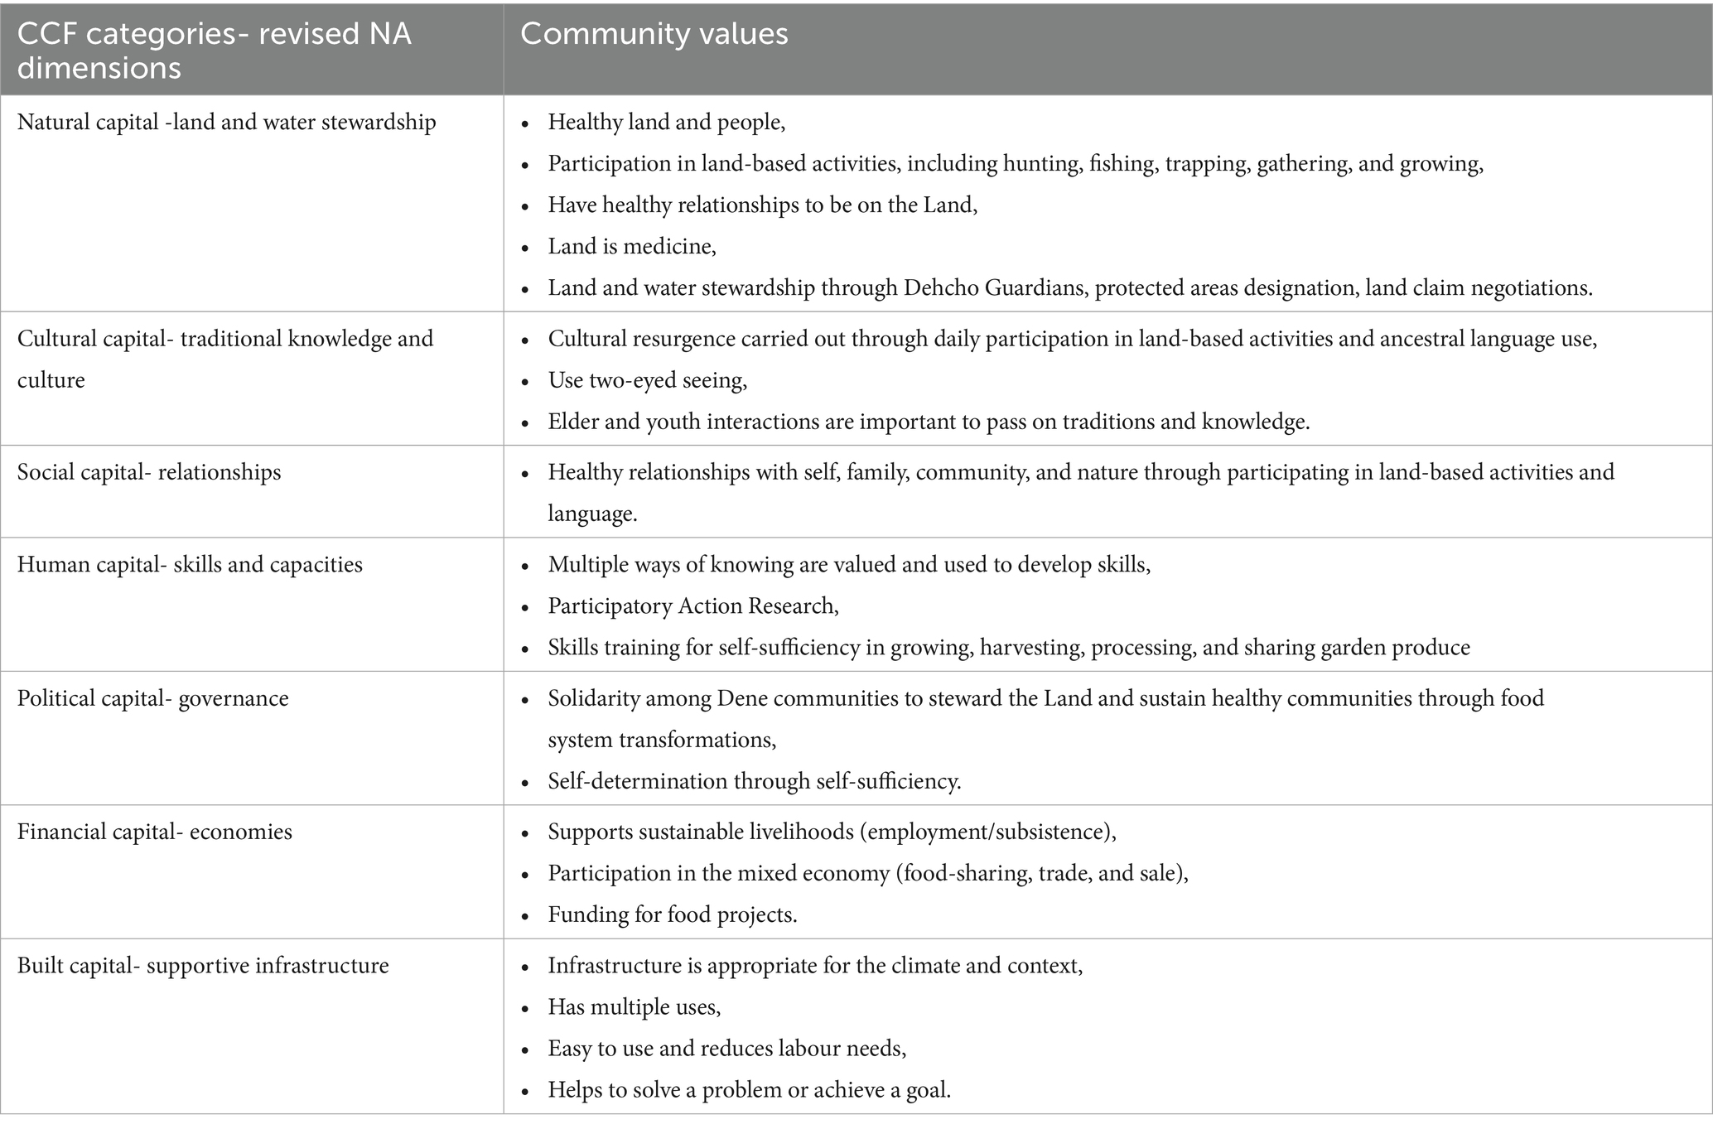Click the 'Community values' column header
[x=654, y=34]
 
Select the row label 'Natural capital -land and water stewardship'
[x=226, y=123]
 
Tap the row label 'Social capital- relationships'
[x=149, y=472]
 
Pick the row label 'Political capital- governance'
[x=153, y=698]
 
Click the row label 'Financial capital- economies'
[x=155, y=832]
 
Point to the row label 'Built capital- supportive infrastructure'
[x=203, y=966]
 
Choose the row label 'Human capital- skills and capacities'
[x=190, y=565]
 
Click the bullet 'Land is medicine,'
[x=632, y=246]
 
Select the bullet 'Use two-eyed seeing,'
[x=648, y=380]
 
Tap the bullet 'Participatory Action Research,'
[x=693, y=606]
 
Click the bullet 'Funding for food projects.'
[x=673, y=914]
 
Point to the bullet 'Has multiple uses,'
[x=635, y=1007]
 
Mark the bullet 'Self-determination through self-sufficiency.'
[x=755, y=781]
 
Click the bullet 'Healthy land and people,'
[x=667, y=123]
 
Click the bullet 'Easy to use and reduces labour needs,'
[x=727, y=1049]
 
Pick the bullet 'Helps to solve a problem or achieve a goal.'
[x=750, y=1090]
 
